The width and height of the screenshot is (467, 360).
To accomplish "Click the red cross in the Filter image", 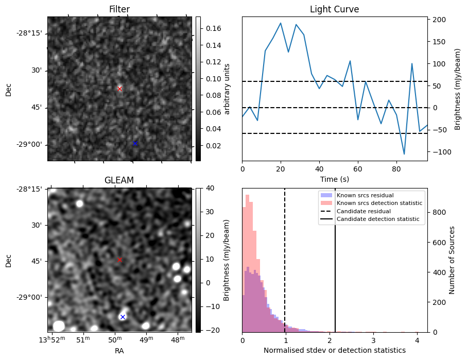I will click(x=120, y=89).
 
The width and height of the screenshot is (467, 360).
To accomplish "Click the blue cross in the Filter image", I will click(x=135, y=143).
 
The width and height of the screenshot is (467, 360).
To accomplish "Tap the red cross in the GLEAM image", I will click(x=120, y=260).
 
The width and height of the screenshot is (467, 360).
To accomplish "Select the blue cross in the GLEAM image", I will click(x=123, y=317).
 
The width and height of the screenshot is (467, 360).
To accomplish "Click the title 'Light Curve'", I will click(x=334, y=9).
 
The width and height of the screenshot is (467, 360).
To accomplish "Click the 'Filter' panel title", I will click(x=119, y=9).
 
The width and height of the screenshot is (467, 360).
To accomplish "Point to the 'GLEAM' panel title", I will click(x=119, y=180).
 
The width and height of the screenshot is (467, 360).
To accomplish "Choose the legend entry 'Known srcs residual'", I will click(x=365, y=196).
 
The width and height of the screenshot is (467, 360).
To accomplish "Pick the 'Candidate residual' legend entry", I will click(x=364, y=212).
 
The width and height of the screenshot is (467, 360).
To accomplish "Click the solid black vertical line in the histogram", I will click(x=335, y=268).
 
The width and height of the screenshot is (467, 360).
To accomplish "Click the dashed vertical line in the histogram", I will click(x=285, y=268).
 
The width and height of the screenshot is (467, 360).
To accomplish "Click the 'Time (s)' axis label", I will click(x=334, y=179).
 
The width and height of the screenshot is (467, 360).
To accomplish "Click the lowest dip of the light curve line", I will click(x=404, y=154).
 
